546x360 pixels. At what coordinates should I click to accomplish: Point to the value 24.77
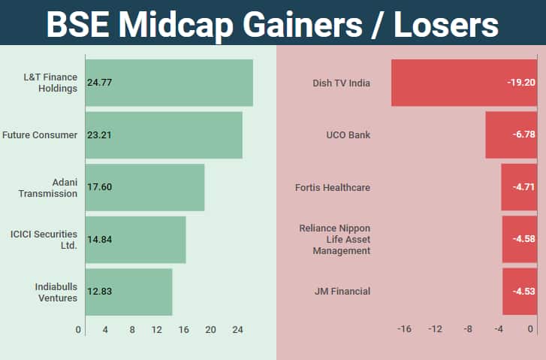(x=100, y=83)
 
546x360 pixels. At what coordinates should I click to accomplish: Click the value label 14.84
(x=100, y=239)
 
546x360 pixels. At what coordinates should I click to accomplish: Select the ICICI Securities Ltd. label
(x=44, y=239)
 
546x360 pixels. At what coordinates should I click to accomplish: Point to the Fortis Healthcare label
(x=333, y=187)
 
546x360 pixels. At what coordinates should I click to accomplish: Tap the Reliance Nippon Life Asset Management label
(x=334, y=239)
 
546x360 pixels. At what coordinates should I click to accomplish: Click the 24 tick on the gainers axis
(x=237, y=329)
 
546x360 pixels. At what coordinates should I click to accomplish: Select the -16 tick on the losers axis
(x=404, y=329)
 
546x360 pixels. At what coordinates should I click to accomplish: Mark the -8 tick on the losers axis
(x=467, y=329)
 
